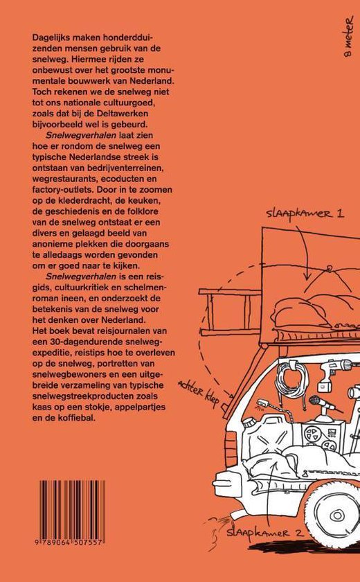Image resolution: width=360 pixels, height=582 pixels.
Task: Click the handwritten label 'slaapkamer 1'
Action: [305, 214]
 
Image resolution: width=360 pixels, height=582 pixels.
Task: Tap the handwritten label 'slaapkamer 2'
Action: [264, 533]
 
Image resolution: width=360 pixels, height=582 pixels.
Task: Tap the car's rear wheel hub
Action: [337, 515]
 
